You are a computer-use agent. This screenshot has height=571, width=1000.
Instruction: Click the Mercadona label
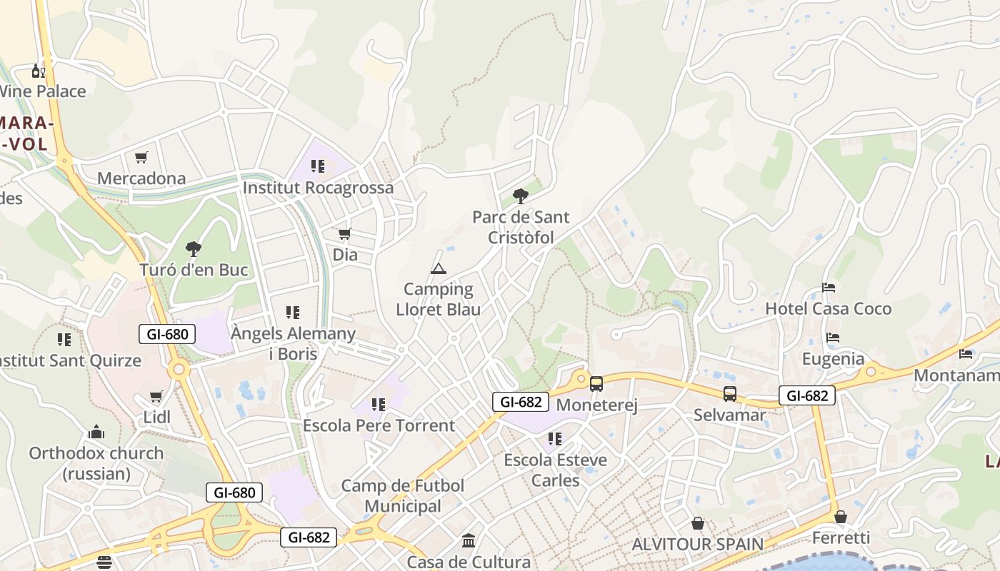pyautogui.click(x=141, y=178)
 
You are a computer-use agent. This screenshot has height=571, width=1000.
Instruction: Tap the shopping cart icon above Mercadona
pyautogui.click(x=141, y=157)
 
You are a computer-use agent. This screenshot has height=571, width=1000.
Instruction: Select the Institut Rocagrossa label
pyautogui.click(x=318, y=188)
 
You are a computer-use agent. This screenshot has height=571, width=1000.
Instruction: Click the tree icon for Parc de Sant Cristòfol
pyautogui.click(x=521, y=196)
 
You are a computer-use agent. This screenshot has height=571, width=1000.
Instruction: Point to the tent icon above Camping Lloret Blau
pyautogui.click(x=438, y=268)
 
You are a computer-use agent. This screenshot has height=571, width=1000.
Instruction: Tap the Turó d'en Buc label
pyautogui.click(x=194, y=270)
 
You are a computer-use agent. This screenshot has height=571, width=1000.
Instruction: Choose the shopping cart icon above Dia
pyautogui.click(x=345, y=233)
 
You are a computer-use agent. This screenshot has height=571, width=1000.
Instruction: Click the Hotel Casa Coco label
pyautogui.click(x=828, y=308)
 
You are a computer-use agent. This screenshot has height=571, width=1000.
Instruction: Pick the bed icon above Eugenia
pyautogui.click(x=833, y=338)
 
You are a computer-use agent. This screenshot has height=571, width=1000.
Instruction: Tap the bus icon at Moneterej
pyautogui.click(x=596, y=384)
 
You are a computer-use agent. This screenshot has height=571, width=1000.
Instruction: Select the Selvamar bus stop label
pyautogui.click(x=729, y=415)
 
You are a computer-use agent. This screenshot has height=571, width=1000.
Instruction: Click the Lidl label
pyautogui.click(x=157, y=417)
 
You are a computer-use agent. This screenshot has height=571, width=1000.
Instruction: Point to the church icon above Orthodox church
pyautogui.click(x=96, y=432)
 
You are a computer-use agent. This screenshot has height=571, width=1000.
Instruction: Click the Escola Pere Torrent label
pyautogui.click(x=379, y=425)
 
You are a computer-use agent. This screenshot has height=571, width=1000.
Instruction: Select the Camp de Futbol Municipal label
pyautogui.click(x=403, y=496)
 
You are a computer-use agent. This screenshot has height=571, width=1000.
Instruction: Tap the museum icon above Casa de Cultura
pyautogui.click(x=469, y=540)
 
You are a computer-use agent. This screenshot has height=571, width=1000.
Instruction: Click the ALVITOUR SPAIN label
pyautogui.click(x=697, y=544)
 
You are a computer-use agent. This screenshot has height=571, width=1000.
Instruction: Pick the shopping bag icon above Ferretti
pyautogui.click(x=841, y=517)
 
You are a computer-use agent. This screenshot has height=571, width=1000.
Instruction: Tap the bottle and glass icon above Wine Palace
pyautogui.click(x=38, y=71)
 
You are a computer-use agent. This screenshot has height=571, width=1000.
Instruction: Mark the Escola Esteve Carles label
pyautogui.click(x=555, y=470)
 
